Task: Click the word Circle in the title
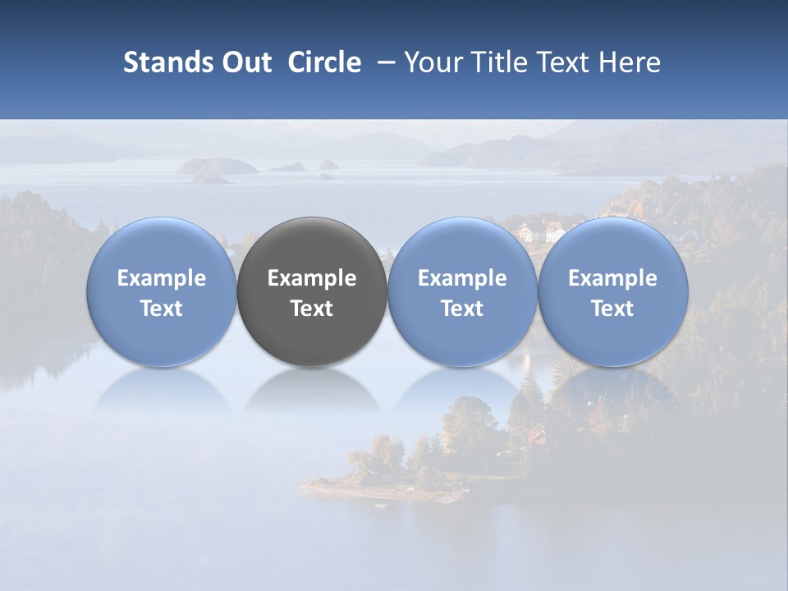click(x=323, y=62)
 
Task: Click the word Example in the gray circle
click(x=312, y=278)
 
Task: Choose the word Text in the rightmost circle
click(x=612, y=309)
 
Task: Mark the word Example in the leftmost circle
click(x=162, y=278)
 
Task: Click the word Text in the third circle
click(x=462, y=309)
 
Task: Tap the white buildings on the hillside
click(x=543, y=231)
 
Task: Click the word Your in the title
click(x=430, y=62)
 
